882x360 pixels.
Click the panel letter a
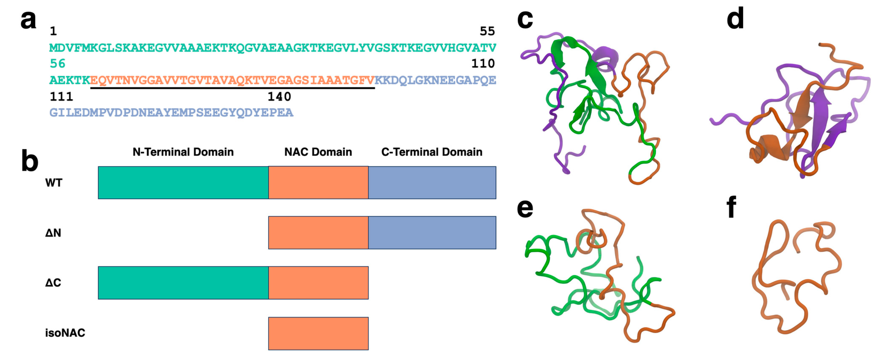[28, 21]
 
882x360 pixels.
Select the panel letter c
[524, 20]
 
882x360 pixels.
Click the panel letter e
[524, 208]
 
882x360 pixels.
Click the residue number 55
[487, 32]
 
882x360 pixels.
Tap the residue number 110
[483, 64]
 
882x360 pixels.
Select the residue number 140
[279, 97]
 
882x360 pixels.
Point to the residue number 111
[61, 97]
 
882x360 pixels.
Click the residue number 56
[58, 64]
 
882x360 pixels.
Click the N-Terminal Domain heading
[183, 152]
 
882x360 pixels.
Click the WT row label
[54, 183]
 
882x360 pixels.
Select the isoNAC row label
[65, 333]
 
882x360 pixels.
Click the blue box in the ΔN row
[432, 233]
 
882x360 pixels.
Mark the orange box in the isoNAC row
[318, 334]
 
